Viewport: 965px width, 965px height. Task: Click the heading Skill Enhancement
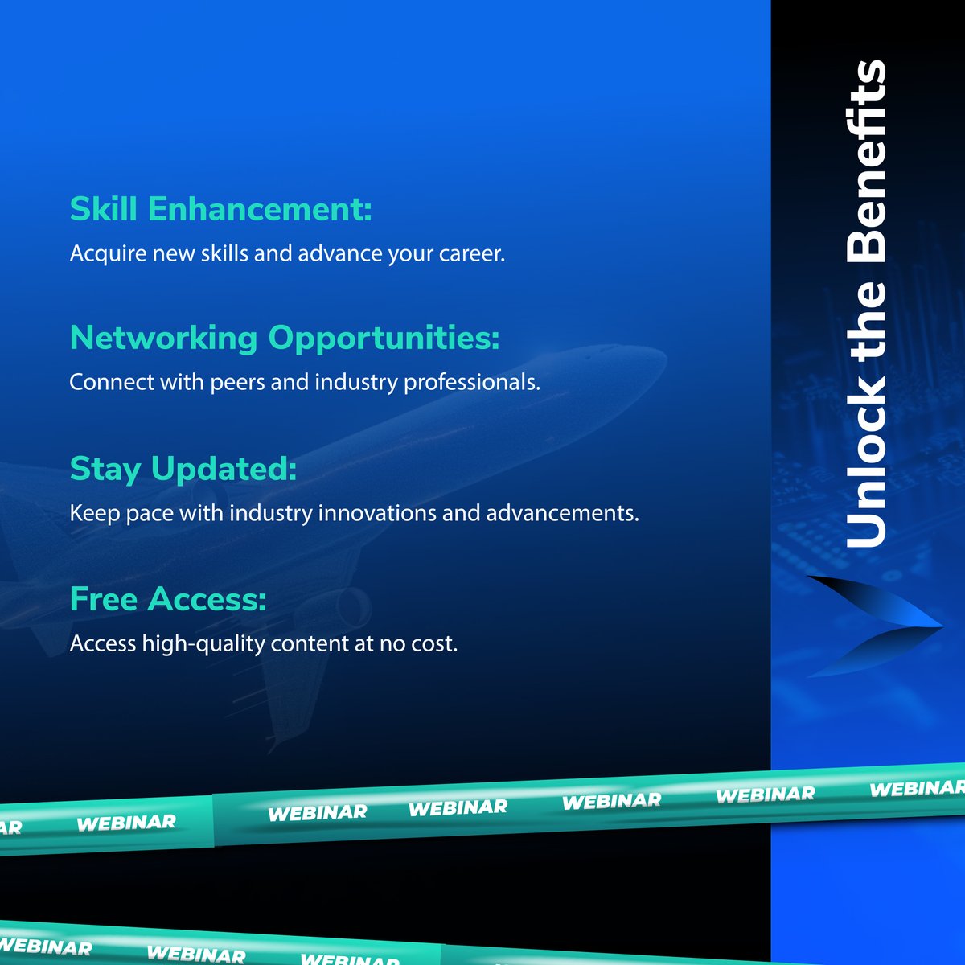pos(220,209)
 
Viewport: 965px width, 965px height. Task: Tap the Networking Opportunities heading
pos(284,338)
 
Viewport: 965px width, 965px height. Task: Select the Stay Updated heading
pos(183,469)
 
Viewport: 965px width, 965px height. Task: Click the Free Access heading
pos(167,599)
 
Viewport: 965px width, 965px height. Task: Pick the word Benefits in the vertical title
pos(867,161)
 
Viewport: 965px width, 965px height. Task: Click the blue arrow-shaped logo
pos(873,626)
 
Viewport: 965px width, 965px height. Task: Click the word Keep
pos(95,514)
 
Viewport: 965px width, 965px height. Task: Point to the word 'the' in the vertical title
pos(867,322)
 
